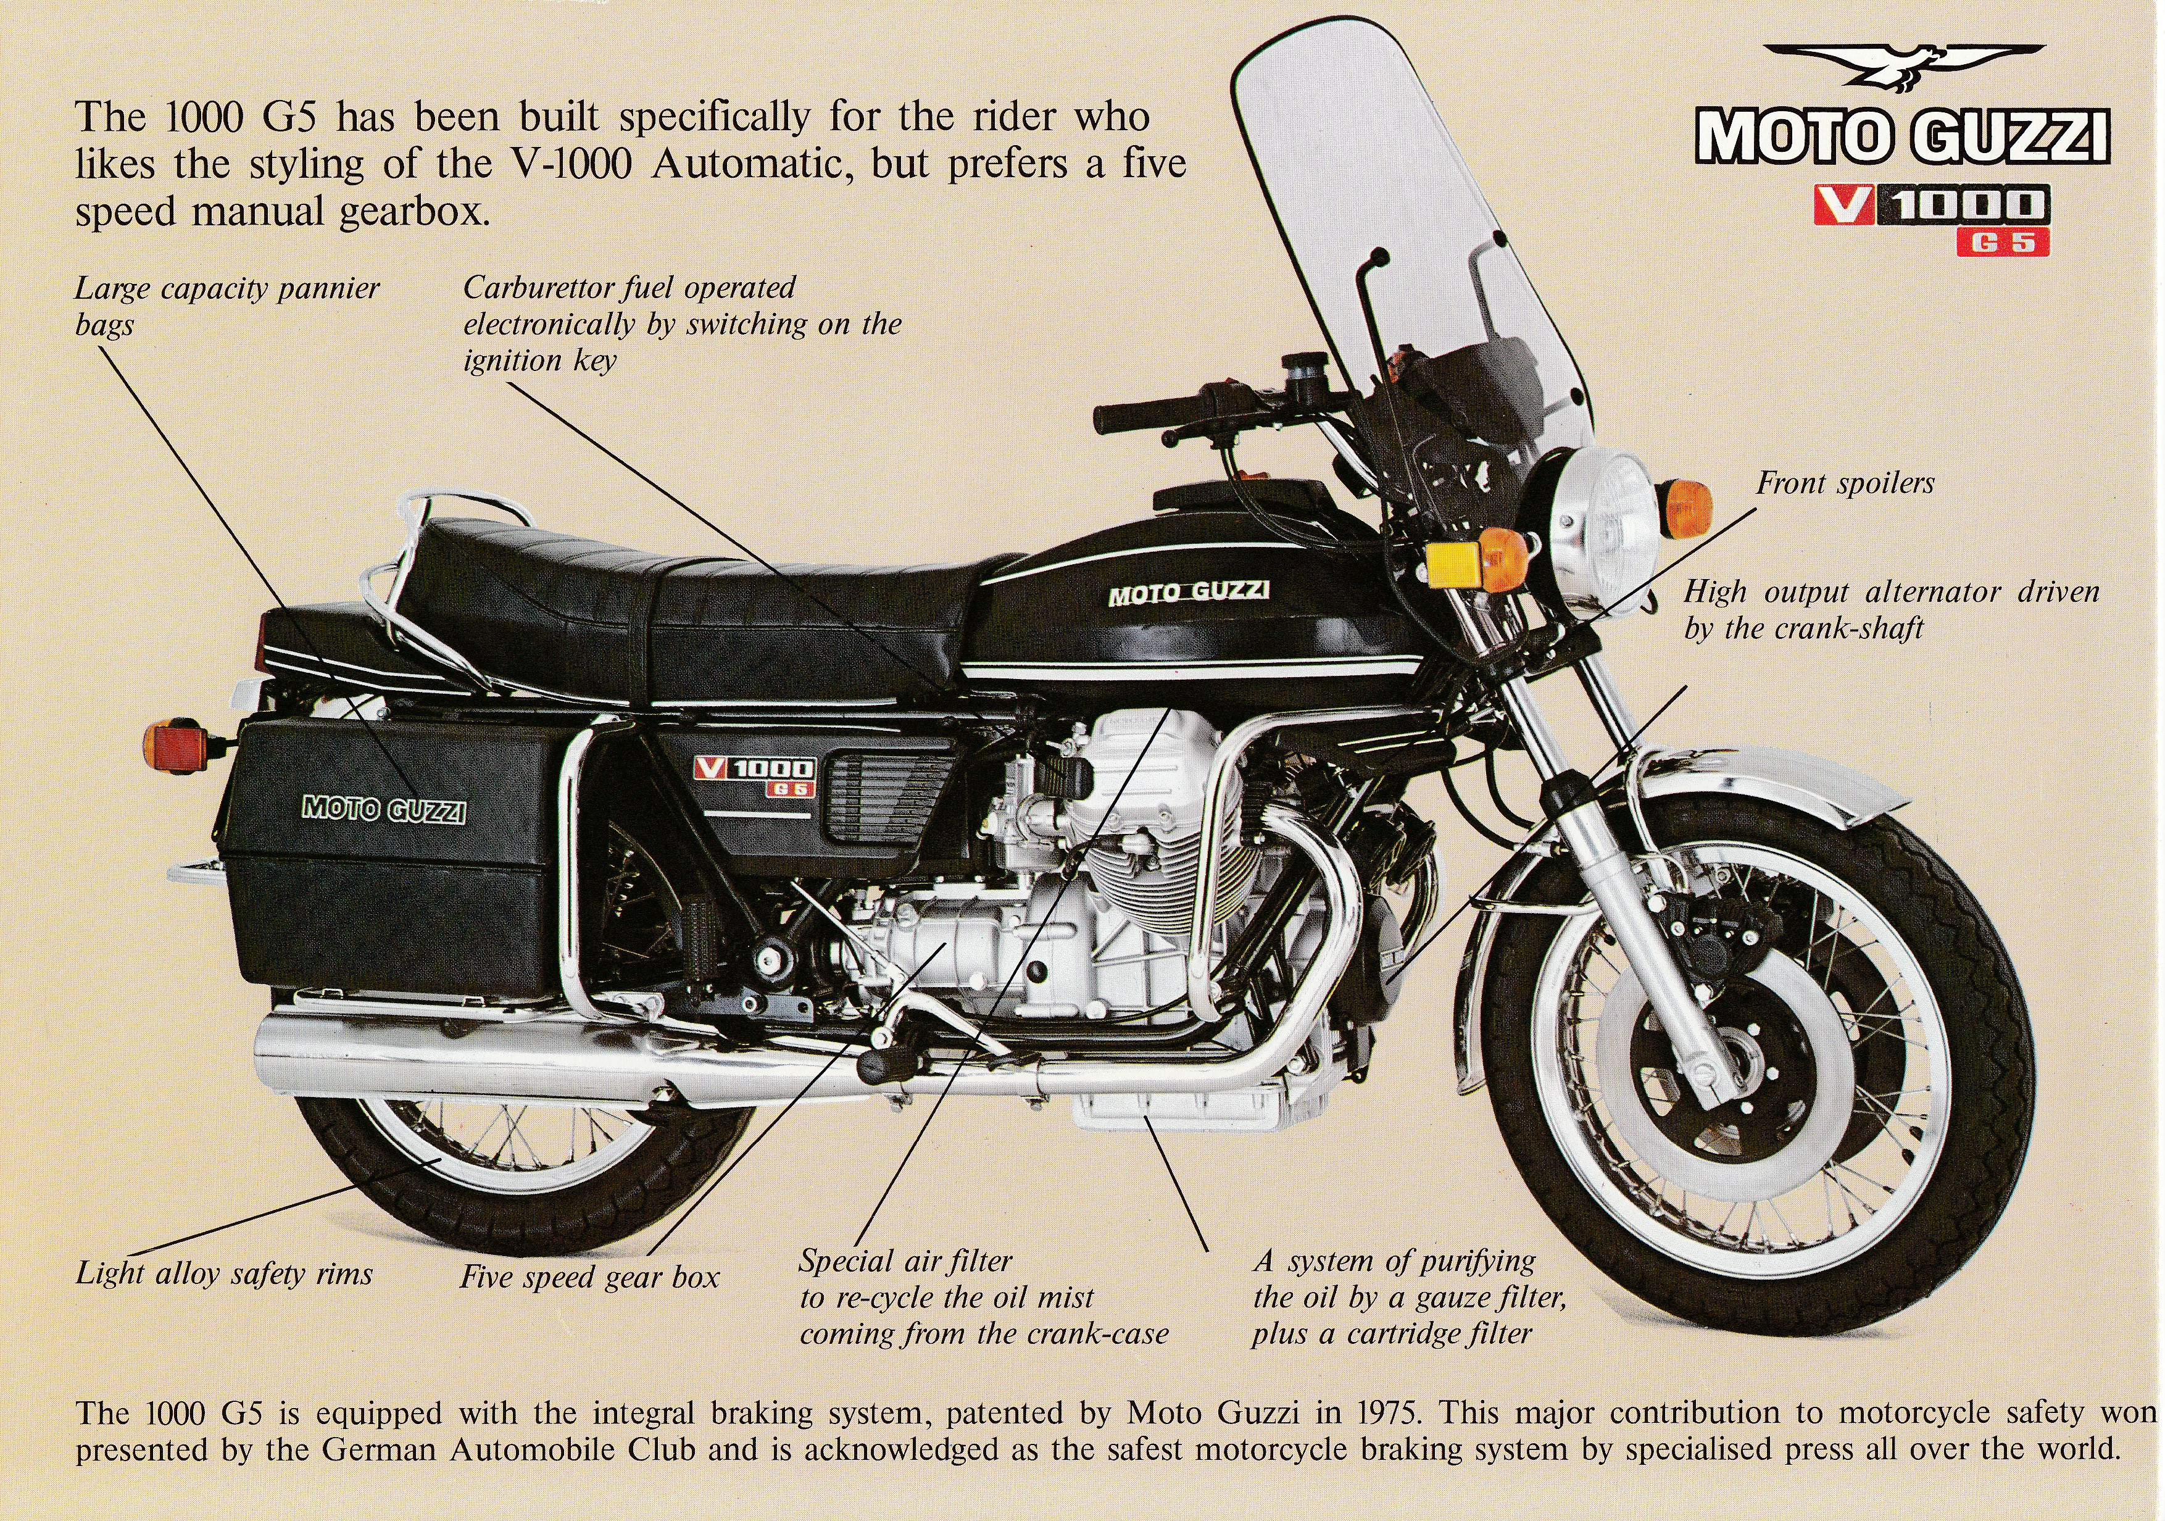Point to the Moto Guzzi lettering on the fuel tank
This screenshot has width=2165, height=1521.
pyautogui.click(x=1188, y=592)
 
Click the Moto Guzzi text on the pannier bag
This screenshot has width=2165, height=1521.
pyautogui.click(x=383, y=809)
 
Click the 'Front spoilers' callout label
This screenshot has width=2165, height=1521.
pyautogui.click(x=1845, y=484)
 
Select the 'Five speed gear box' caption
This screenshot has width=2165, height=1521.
pyautogui.click(x=589, y=1278)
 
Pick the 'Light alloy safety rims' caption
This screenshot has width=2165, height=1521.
pyautogui.click(x=225, y=1274)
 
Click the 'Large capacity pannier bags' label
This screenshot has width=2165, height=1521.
pyautogui.click(x=226, y=306)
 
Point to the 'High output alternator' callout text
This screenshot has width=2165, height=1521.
pyautogui.click(x=1890, y=610)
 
